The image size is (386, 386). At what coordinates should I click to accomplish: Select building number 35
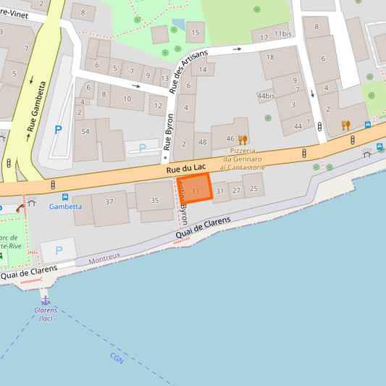pos(154,200)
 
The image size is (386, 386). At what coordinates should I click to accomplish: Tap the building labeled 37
pos(109,201)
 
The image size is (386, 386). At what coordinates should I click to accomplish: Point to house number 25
pos(253,188)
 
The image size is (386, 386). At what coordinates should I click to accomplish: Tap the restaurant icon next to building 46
pos(243,139)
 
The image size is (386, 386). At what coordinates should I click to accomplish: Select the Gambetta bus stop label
pos(65,206)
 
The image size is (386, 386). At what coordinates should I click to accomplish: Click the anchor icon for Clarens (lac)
pos(46,299)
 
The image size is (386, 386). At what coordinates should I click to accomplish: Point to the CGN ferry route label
pos(117,358)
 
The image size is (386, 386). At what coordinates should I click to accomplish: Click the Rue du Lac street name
pos(182,169)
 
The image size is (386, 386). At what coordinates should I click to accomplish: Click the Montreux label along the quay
pos(104,259)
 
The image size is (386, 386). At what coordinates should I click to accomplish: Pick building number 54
pos(85,131)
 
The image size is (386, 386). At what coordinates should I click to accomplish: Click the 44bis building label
pos(266,96)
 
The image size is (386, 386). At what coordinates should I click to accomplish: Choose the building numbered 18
pos(270,57)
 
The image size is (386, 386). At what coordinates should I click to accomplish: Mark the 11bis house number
pos(282,34)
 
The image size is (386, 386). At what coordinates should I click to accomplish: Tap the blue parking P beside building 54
pos(58,130)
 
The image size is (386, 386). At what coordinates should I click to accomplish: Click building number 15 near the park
pos(194,32)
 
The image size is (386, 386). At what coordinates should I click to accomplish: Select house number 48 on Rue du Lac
pos(202,143)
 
